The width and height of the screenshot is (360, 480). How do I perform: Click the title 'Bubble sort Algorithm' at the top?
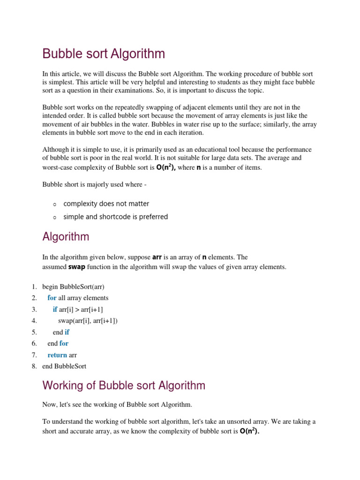[104, 54]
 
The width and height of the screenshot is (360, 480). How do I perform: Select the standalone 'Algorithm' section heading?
[66, 237]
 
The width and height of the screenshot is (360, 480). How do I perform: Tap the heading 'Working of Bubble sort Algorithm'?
[124, 386]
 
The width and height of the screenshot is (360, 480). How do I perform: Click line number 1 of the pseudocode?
[34, 286]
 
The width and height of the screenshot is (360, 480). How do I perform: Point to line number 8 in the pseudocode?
[34, 366]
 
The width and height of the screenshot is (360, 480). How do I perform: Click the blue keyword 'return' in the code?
[57, 355]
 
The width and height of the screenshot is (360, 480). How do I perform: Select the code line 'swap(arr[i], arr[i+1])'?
[88, 321]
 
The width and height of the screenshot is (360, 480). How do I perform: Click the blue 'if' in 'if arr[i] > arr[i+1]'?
[55, 309]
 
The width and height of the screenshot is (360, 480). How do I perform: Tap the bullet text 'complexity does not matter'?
[106, 204]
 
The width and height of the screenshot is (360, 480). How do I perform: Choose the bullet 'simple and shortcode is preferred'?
[115, 217]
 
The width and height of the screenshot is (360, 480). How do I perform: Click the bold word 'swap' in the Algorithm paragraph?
[77, 267]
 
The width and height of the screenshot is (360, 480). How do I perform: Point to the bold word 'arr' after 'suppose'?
[157, 257]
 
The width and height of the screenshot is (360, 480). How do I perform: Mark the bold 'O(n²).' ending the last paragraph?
[249, 431]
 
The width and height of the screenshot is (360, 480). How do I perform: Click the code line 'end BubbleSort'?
[64, 366]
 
